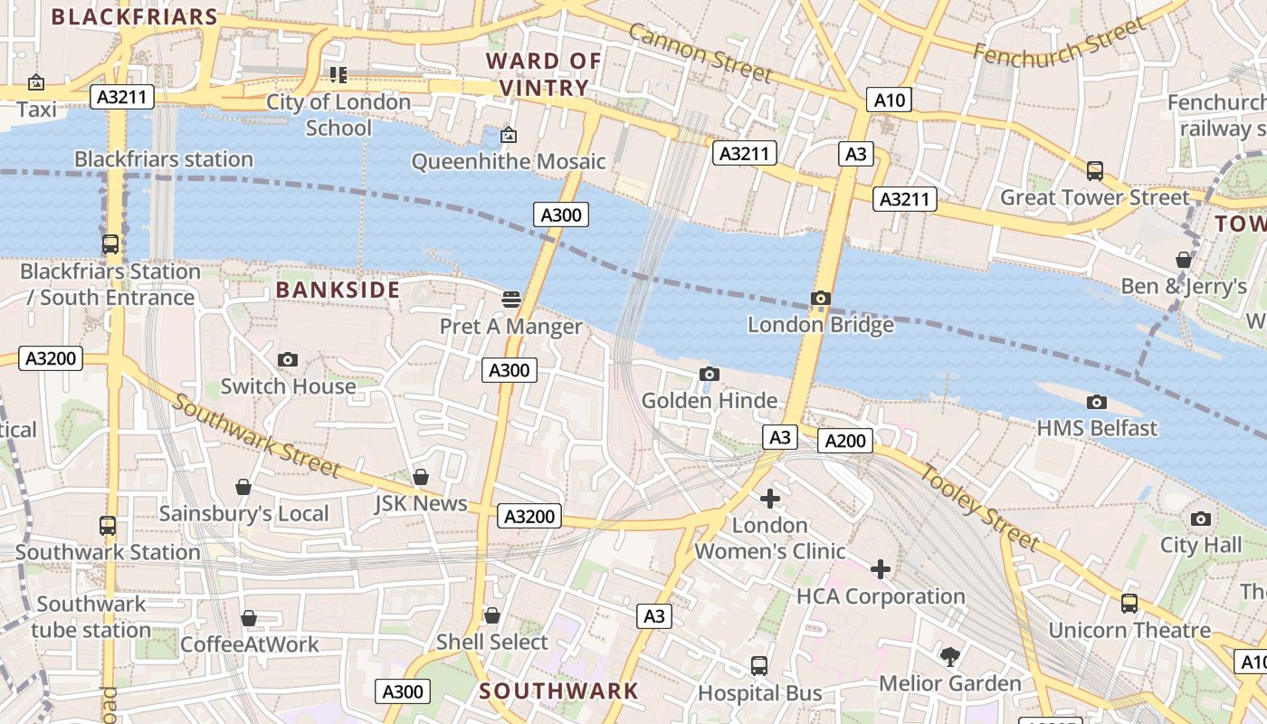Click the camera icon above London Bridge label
[821, 299]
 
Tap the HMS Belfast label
[1097, 428]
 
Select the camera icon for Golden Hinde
[710, 375]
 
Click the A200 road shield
[845, 441]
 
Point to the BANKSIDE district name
[338, 290]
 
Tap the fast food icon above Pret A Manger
[511, 299]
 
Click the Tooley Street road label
[981, 507]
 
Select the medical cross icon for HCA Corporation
[881, 569]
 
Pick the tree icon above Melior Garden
[950, 656]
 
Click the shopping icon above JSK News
[421, 477]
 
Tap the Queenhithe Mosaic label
[508, 162]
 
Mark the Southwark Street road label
[255, 435]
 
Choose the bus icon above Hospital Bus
[759, 666]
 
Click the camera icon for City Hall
[1201, 519]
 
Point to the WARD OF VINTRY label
[543, 74]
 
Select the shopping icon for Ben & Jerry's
[1183, 260]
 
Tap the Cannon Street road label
[700, 52]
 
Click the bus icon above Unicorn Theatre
[1129, 603]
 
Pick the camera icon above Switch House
[288, 359]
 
